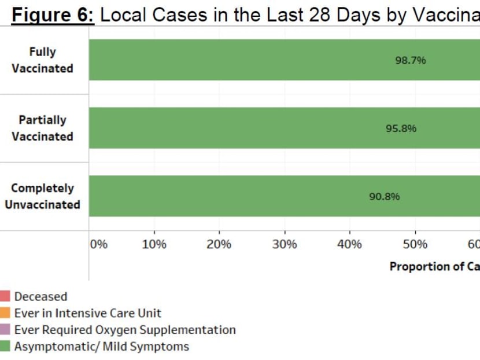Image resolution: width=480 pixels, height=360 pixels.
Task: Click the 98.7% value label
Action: pos(411,60)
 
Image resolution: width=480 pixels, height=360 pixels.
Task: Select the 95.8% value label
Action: pos(401,128)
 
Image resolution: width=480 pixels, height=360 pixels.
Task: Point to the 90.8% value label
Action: pos(385,196)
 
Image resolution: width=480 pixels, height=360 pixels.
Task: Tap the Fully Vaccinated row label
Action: pos(43,60)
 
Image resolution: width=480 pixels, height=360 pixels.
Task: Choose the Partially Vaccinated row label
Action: pos(43,128)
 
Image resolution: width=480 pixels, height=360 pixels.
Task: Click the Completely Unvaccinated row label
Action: pos(43,196)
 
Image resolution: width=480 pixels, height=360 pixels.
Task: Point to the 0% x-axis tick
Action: pos(99,244)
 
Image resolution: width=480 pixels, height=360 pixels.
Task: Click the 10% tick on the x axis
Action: pos(154,244)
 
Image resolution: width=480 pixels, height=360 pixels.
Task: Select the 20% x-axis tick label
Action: pos(219,244)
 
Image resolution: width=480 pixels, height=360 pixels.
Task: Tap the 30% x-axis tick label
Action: pos(284,244)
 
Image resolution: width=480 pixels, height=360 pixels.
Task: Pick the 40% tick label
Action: pos(349,244)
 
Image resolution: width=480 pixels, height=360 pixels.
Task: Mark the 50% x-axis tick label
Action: pos(415,244)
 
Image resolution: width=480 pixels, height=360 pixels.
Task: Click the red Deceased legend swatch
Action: pos(5,296)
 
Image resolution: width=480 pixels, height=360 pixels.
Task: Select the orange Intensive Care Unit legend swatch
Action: pos(5,313)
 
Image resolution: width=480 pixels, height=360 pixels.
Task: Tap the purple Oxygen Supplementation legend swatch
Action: pos(5,330)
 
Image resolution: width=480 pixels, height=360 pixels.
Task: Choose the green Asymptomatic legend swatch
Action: pos(5,347)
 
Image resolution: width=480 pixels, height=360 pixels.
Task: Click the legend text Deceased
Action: pos(40,296)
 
